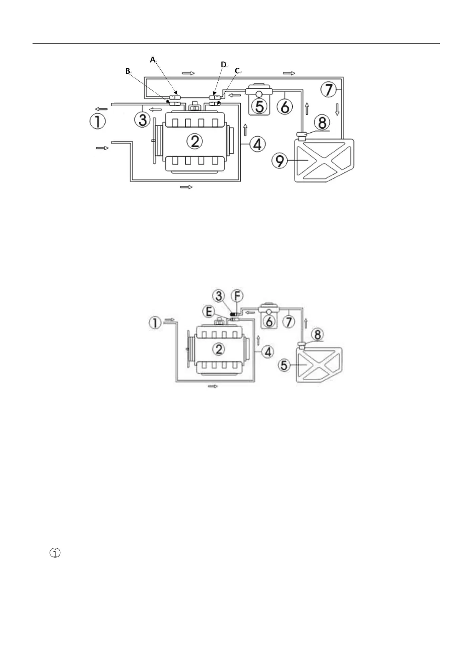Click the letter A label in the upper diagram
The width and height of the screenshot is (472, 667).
tap(153, 60)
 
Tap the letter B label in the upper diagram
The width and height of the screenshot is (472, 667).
tap(128, 71)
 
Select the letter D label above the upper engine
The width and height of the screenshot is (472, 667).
tap(224, 65)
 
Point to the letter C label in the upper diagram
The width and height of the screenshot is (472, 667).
tap(238, 71)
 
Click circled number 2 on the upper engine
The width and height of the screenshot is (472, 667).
tap(194, 141)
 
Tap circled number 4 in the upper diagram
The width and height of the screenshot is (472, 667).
tap(258, 144)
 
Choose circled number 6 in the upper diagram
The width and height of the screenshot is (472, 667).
tap(284, 106)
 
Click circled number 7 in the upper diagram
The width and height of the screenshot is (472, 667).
tap(329, 90)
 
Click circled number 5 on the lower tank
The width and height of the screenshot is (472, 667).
tap(284, 364)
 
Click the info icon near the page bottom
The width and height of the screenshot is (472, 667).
tap(55, 553)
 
